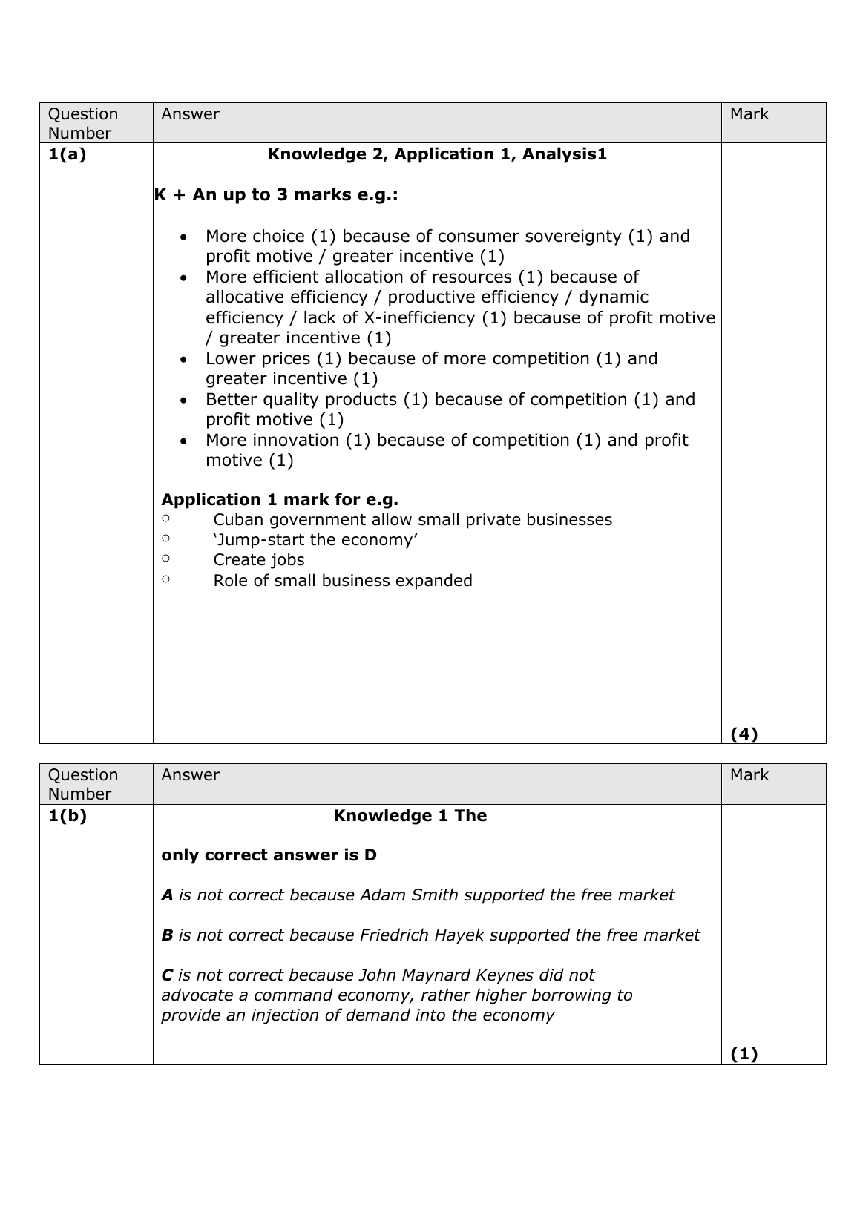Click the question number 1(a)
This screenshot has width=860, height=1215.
pos(67,154)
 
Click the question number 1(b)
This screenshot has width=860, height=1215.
pos(67,815)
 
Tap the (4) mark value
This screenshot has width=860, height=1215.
pos(744,734)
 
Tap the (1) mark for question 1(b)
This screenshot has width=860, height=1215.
pos(744,1053)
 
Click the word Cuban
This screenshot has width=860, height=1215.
pos(238,519)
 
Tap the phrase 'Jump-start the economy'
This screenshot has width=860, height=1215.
pos(315,539)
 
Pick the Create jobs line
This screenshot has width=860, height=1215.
pos(258,560)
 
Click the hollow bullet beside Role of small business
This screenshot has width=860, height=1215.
pos(165,579)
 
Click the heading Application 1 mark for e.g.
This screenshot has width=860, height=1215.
pos(280,498)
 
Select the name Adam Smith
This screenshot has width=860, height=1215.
pos(404,895)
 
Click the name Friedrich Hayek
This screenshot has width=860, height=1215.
pos(416,935)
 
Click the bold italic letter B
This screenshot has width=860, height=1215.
pos(167,935)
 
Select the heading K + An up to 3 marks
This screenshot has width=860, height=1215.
pos(276,195)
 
